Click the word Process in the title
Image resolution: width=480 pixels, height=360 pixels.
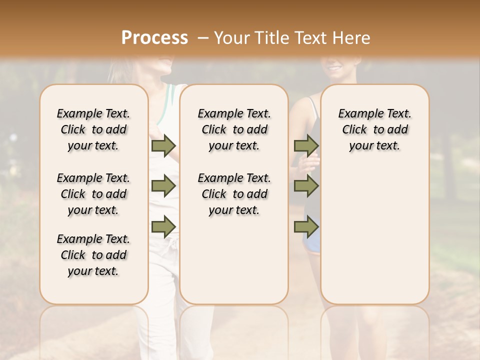[154, 37]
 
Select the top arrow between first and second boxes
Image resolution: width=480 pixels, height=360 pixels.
[163, 145]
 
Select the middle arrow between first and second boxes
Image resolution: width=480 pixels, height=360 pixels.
[163, 186]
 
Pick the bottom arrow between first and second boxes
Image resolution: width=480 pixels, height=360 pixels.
[163, 226]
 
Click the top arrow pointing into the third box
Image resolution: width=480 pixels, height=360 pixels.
[306, 145]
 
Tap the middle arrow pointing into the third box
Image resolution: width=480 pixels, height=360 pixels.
[306, 186]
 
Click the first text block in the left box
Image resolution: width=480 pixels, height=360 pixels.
[93, 129]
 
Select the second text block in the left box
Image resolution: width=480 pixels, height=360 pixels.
[93, 194]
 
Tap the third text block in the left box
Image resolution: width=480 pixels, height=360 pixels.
[93, 255]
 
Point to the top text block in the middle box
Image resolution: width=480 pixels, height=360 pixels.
[234, 129]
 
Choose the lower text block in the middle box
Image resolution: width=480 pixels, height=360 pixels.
[234, 194]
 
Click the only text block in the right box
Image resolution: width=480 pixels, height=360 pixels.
[375, 129]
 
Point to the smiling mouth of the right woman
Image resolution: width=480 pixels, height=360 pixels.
[334, 67]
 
